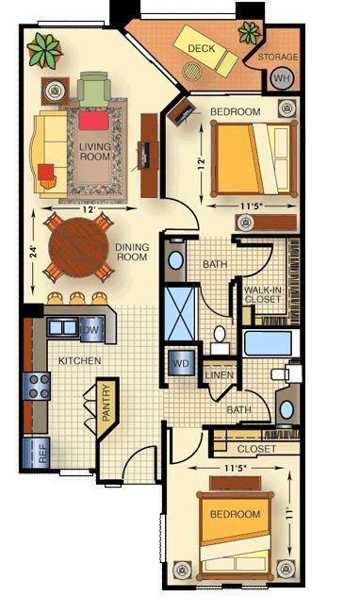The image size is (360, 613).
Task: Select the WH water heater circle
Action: (282, 78)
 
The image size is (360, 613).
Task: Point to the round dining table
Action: (80, 246)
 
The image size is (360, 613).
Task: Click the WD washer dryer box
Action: (179, 363)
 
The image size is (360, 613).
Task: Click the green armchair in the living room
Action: (93, 91)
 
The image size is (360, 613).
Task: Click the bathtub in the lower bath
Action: (270, 341)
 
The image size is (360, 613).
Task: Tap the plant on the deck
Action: (250, 33)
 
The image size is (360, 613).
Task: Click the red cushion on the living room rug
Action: (92, 121)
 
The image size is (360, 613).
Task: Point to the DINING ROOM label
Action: (132, 253)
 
